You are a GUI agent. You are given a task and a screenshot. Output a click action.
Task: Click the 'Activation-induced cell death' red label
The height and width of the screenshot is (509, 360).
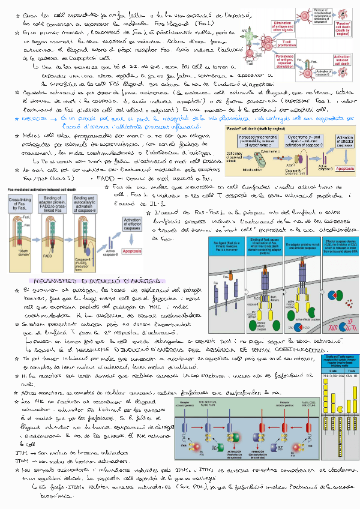[x=343, y=59]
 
